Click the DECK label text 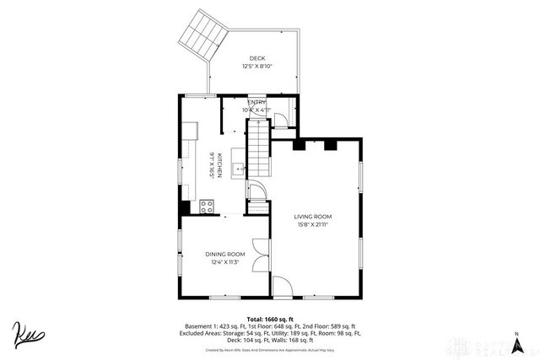point(256,58)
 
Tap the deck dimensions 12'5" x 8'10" point(256,66)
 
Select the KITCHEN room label point(220,165)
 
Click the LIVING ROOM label point(312,217)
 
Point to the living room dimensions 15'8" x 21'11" point(312,224)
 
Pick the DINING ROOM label point(224,254)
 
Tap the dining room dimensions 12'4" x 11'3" point(224,262)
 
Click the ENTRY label point(256,102)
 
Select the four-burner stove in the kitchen point(208,207)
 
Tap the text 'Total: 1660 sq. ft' point(269,319)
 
